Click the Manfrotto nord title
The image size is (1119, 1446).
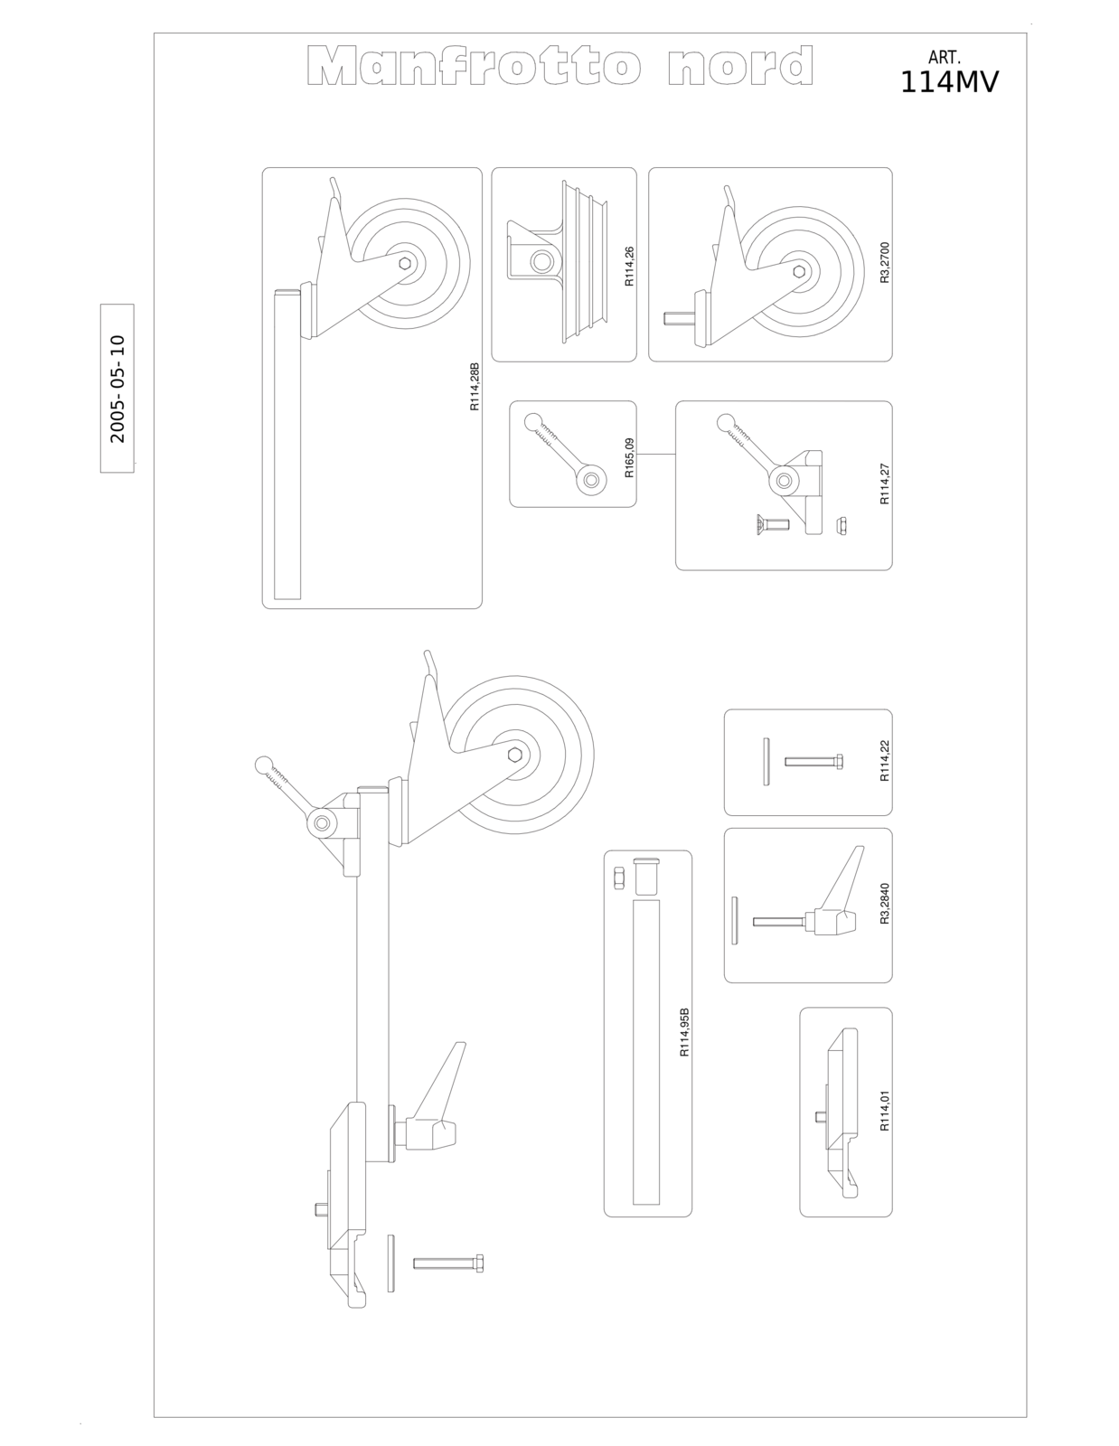[x=559, y=65]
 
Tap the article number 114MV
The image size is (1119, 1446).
[x=949, y=82]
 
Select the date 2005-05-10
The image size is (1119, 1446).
[x=118, y=389]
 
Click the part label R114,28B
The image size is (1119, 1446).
[x=475, y=387]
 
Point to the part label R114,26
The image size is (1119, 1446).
[x=629, y=267]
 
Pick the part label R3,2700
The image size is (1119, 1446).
[x=884, y=263]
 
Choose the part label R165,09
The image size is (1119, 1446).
[x=629, y=458]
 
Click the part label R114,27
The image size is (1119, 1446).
[x=884, y=484]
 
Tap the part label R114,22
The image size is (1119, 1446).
[x=884, y=761]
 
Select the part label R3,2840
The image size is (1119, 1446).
[x=884, y=904]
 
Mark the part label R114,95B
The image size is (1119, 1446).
[x=684, y=1033]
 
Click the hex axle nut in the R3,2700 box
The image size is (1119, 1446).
[x=799, y=271]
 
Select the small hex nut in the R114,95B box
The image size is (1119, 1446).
[x=618, y=878]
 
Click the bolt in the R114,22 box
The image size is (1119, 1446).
[x=813, y=761]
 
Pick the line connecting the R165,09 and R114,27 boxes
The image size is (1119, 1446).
[x=656, y=455]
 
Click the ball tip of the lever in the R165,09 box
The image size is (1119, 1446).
[x=533, y=422]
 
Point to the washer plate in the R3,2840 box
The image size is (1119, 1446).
[x=735, y=920]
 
